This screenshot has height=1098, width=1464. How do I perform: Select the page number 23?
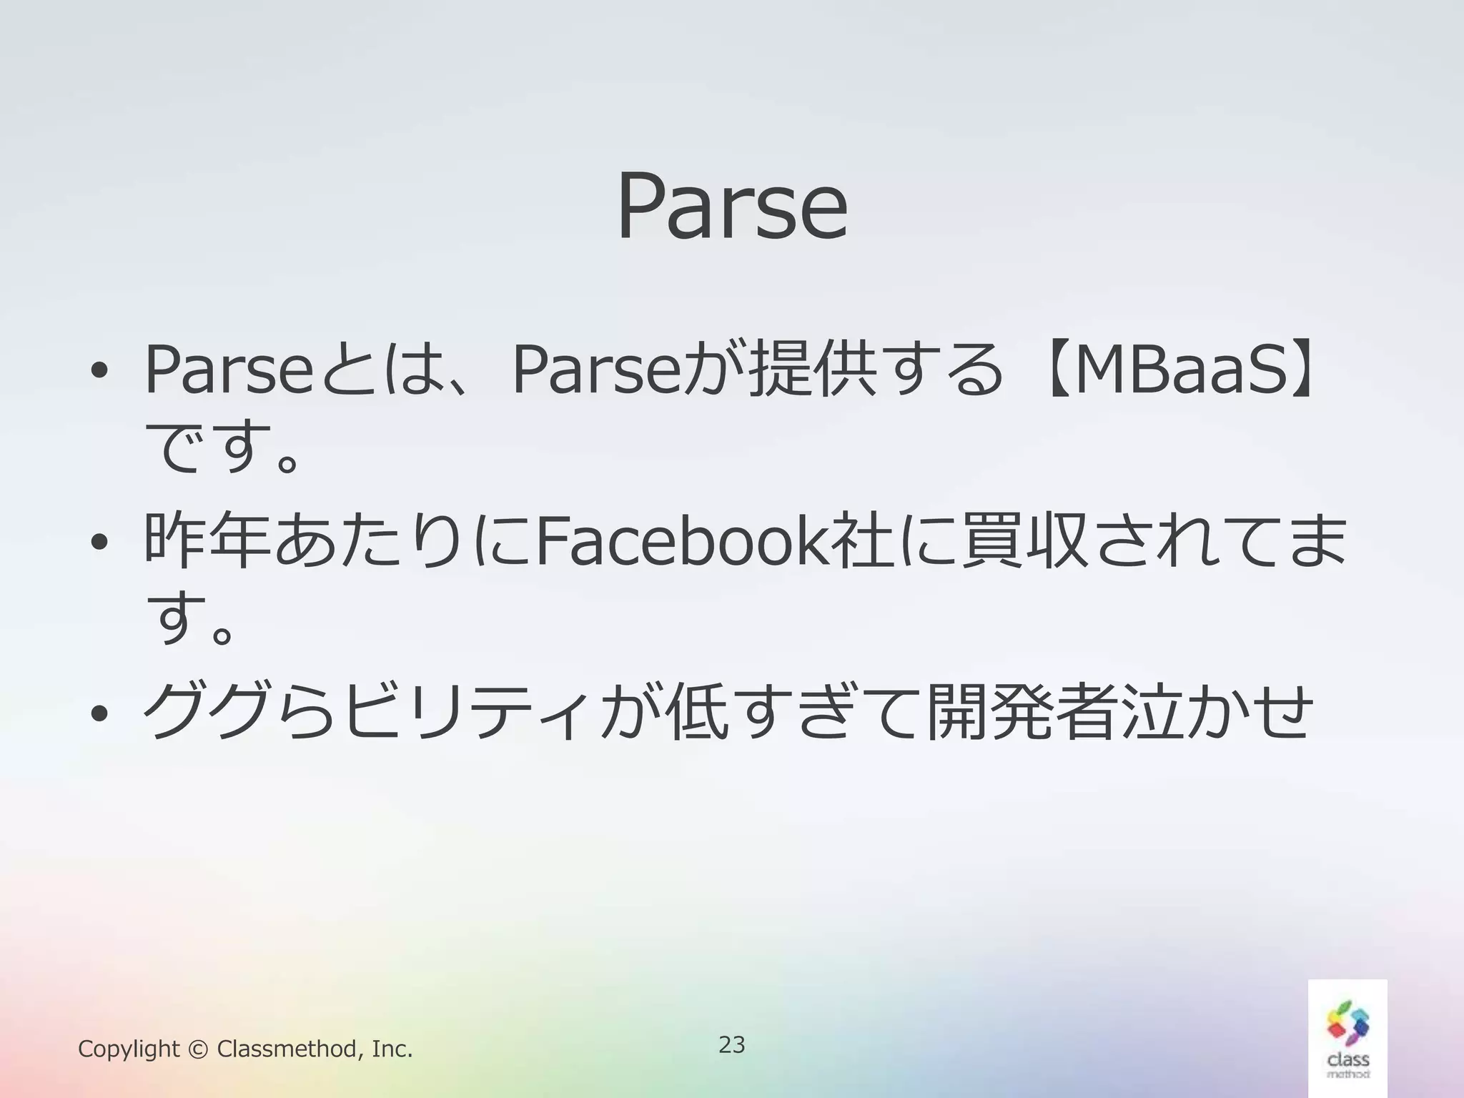click(x=731, y=1044)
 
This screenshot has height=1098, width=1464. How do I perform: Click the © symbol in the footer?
click(x=198, y=1049)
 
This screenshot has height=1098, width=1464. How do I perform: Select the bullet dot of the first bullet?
click(x=99, y=372)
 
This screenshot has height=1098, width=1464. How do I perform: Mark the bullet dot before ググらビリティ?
click(x=99, y=714)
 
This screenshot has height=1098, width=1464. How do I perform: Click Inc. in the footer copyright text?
click(x=392, y=1049)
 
